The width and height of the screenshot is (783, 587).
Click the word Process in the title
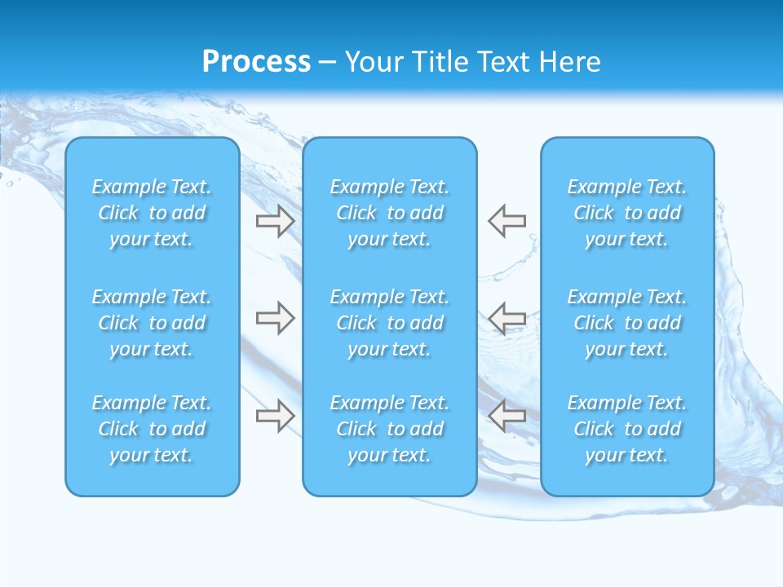[256, 62]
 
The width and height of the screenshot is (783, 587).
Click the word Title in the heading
[440, 62]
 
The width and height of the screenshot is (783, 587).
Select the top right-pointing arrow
[275, 221]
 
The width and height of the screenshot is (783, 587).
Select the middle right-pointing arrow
[275, 318]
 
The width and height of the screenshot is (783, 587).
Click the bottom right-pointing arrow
[275, 415]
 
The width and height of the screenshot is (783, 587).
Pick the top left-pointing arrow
[507, 221]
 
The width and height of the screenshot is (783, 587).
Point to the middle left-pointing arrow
[507, 318]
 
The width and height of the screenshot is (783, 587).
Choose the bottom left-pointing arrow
[507, 415]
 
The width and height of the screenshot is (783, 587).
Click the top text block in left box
[152, 213]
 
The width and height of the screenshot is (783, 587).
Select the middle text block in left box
[152, 323]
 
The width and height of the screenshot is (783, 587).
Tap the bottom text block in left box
[152, 429]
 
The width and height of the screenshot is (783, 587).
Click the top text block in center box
[390, 213]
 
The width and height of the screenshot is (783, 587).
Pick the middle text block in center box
[390, 323]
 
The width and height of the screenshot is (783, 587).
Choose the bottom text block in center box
[390, 429]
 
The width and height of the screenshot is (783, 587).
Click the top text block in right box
[627, 213]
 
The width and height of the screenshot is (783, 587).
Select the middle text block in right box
[627, 323]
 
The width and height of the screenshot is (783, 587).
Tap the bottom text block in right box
[627, 429]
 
